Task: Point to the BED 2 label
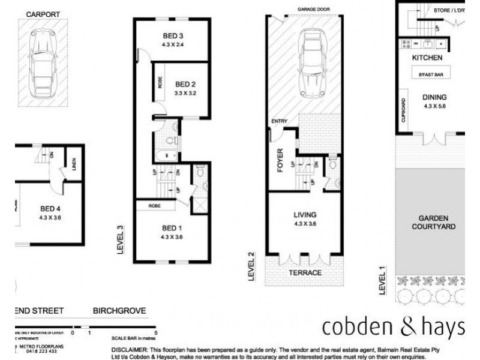(185, 83)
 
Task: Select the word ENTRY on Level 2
(279, 122)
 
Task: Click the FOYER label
(280, 161)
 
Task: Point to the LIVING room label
(305, 214)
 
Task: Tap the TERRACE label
(306, 272)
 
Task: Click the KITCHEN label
(427, 58)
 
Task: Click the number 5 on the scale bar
(156, 331)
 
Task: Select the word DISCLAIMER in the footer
(128, 349)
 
